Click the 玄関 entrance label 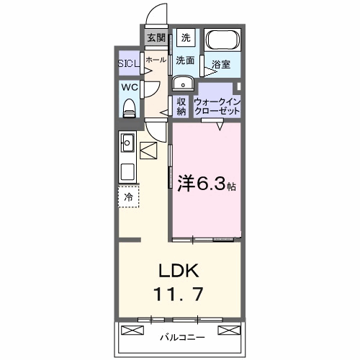[156, 37]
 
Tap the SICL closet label [129, 63]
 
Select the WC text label [130, 87]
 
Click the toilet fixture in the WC [130, 108]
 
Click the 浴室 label [221, 64]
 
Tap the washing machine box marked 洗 [186, 37]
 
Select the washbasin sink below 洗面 [183, 83]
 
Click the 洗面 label [185, 60]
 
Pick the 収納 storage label [181, 107]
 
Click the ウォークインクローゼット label [217, 107]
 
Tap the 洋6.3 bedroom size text [207, 184]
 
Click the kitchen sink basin [127, 143]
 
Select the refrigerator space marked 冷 [129, 197]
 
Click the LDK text [179, 271]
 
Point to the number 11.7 [179, 294]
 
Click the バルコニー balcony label [183, 338]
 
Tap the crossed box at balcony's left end [132, 330]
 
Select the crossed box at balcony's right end [229, 330]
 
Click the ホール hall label [156, 60]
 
